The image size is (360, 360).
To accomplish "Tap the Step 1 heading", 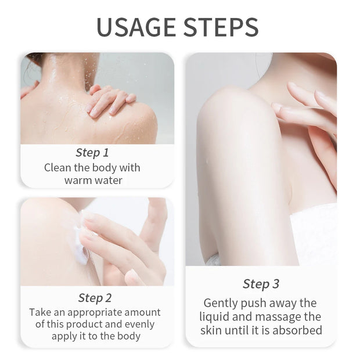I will (x=92, y=153).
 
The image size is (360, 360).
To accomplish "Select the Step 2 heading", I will (x=95, y=298).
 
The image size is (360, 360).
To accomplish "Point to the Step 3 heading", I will (x=261, y=284).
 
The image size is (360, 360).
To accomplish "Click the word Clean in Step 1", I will (x=58, y=168).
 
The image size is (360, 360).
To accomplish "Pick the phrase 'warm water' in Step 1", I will (x=93, y=180).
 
